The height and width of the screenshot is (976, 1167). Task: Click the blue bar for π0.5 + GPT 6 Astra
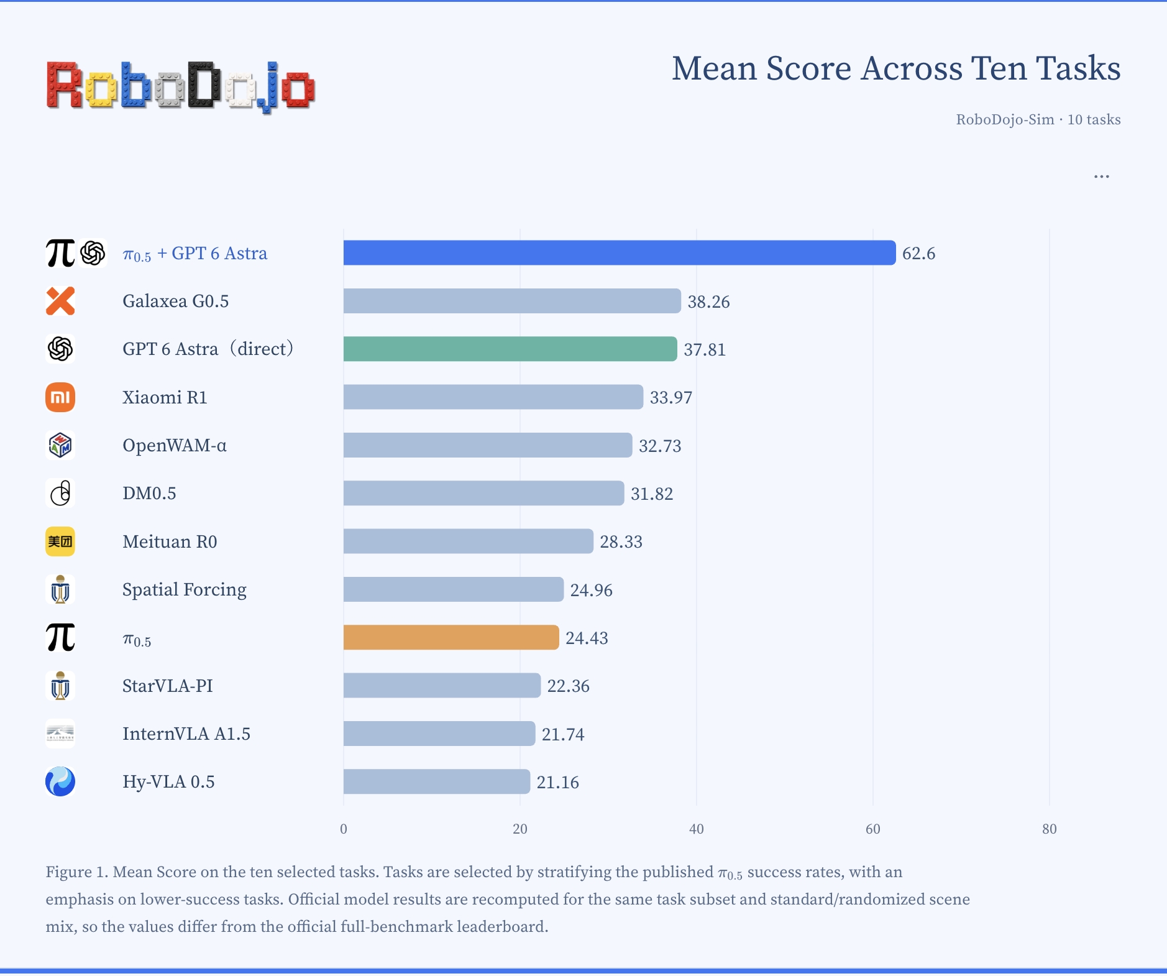pos(620,253)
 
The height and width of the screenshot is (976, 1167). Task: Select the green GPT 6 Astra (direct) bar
pos(510,349)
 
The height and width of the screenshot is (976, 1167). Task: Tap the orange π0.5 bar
pos(451,637)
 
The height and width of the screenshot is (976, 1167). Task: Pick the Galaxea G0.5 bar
pos(512,301)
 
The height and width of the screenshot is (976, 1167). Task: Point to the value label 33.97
pos(671,397)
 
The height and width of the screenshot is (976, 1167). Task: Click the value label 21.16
pos(558,782)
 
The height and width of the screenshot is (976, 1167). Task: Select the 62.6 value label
pos(919,254)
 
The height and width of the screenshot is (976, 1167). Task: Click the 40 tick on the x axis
pos(697,829)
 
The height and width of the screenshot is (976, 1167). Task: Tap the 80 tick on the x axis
pos(1050,829)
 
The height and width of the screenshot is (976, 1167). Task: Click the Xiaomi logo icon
pos(60,397)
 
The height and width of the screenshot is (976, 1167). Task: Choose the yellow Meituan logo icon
pos(60,541)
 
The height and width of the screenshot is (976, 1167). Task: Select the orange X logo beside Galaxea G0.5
pos(60,301)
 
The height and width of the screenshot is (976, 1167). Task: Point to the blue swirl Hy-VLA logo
pos(60,781)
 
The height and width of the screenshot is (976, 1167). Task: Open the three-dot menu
pos(1102,177)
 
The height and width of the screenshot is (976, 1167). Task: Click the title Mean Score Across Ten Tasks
pos(896,68)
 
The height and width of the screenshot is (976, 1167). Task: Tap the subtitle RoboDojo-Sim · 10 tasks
pos(1038,119)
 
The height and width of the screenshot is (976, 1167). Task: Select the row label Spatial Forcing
pos(185,590)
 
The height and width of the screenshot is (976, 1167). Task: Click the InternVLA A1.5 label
pos(186,734)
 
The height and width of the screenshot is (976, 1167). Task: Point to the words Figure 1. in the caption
pos(77,872)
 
